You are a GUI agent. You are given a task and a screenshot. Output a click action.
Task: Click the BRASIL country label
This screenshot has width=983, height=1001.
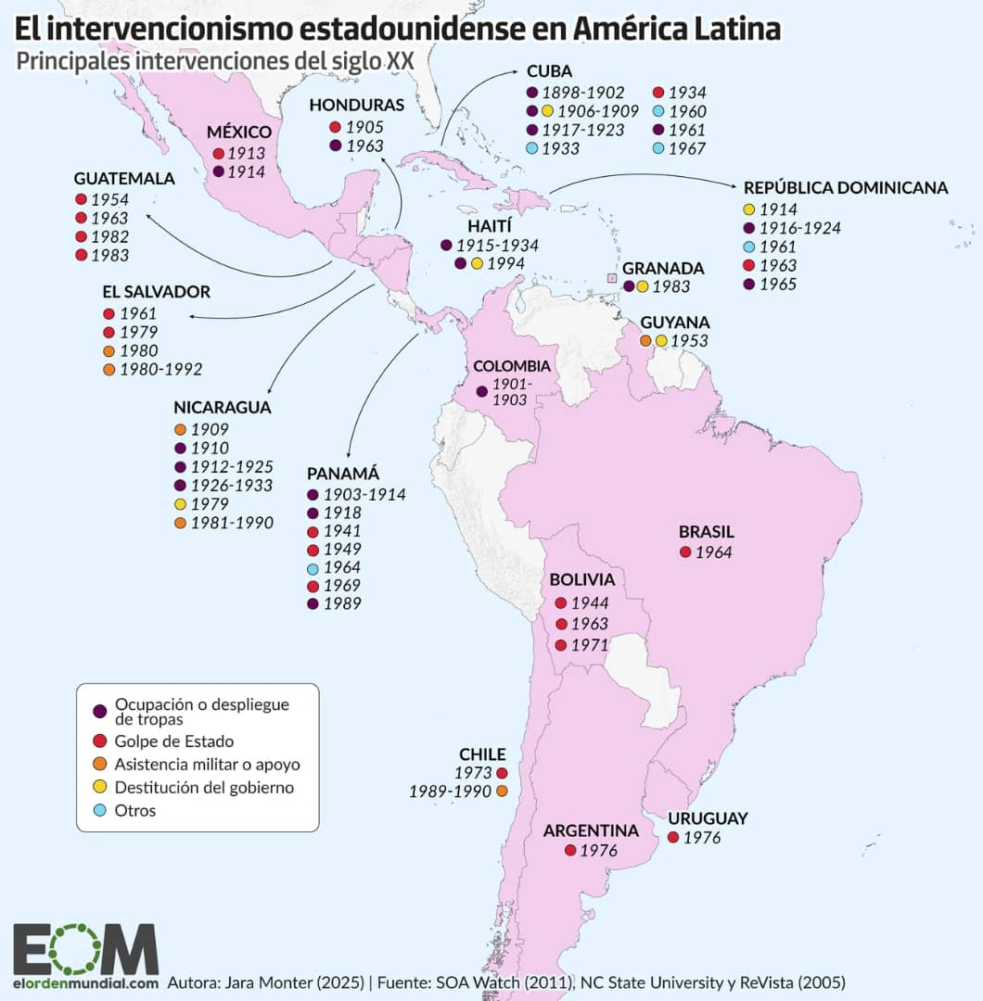pyautogui.click(x=706, y=532)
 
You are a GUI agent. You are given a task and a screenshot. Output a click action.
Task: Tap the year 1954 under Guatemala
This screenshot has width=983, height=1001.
pyautogui.click(x=110, y=199)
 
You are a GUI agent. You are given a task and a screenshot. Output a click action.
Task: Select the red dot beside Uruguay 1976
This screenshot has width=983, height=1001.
pyautogui.click(x=672, y=838)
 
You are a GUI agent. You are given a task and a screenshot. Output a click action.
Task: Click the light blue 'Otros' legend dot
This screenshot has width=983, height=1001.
pyautogui.click(x=99, y=810)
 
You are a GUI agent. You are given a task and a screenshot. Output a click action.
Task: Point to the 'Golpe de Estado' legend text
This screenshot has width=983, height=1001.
pyautogui.click(x=174, y=741)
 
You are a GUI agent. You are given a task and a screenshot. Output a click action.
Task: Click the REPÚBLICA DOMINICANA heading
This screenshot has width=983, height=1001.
pyautogui.click(x=845, y=188)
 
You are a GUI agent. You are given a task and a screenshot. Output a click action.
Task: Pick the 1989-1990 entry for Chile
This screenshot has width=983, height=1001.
pyautogui.click(x=450, y=792)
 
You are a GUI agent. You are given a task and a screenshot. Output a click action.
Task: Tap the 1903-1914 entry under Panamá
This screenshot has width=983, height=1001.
pyautogui.click(x=364, y=494)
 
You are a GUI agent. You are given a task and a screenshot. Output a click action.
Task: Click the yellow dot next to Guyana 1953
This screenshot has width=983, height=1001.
pyautogui.click(x=661, y=341)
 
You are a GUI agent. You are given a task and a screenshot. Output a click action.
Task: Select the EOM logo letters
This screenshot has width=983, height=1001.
pyautogui.click(x=85, y=948)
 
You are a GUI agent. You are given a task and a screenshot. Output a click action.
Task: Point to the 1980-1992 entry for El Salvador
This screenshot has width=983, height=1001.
pyautogui.click(x=161, y=370)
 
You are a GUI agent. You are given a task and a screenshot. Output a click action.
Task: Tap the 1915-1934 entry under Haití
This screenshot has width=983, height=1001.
pyautogui.click(x=497, y=246)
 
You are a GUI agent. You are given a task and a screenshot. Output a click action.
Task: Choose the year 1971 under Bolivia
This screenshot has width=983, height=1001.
pyautogui.click(x=590, y=645)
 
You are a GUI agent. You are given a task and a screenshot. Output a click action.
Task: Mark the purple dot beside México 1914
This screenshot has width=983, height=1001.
pyautogui.click(x=218, y=171)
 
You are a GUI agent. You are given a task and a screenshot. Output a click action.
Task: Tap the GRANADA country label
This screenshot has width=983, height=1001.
pyautogui.click(x=663, y=268)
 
